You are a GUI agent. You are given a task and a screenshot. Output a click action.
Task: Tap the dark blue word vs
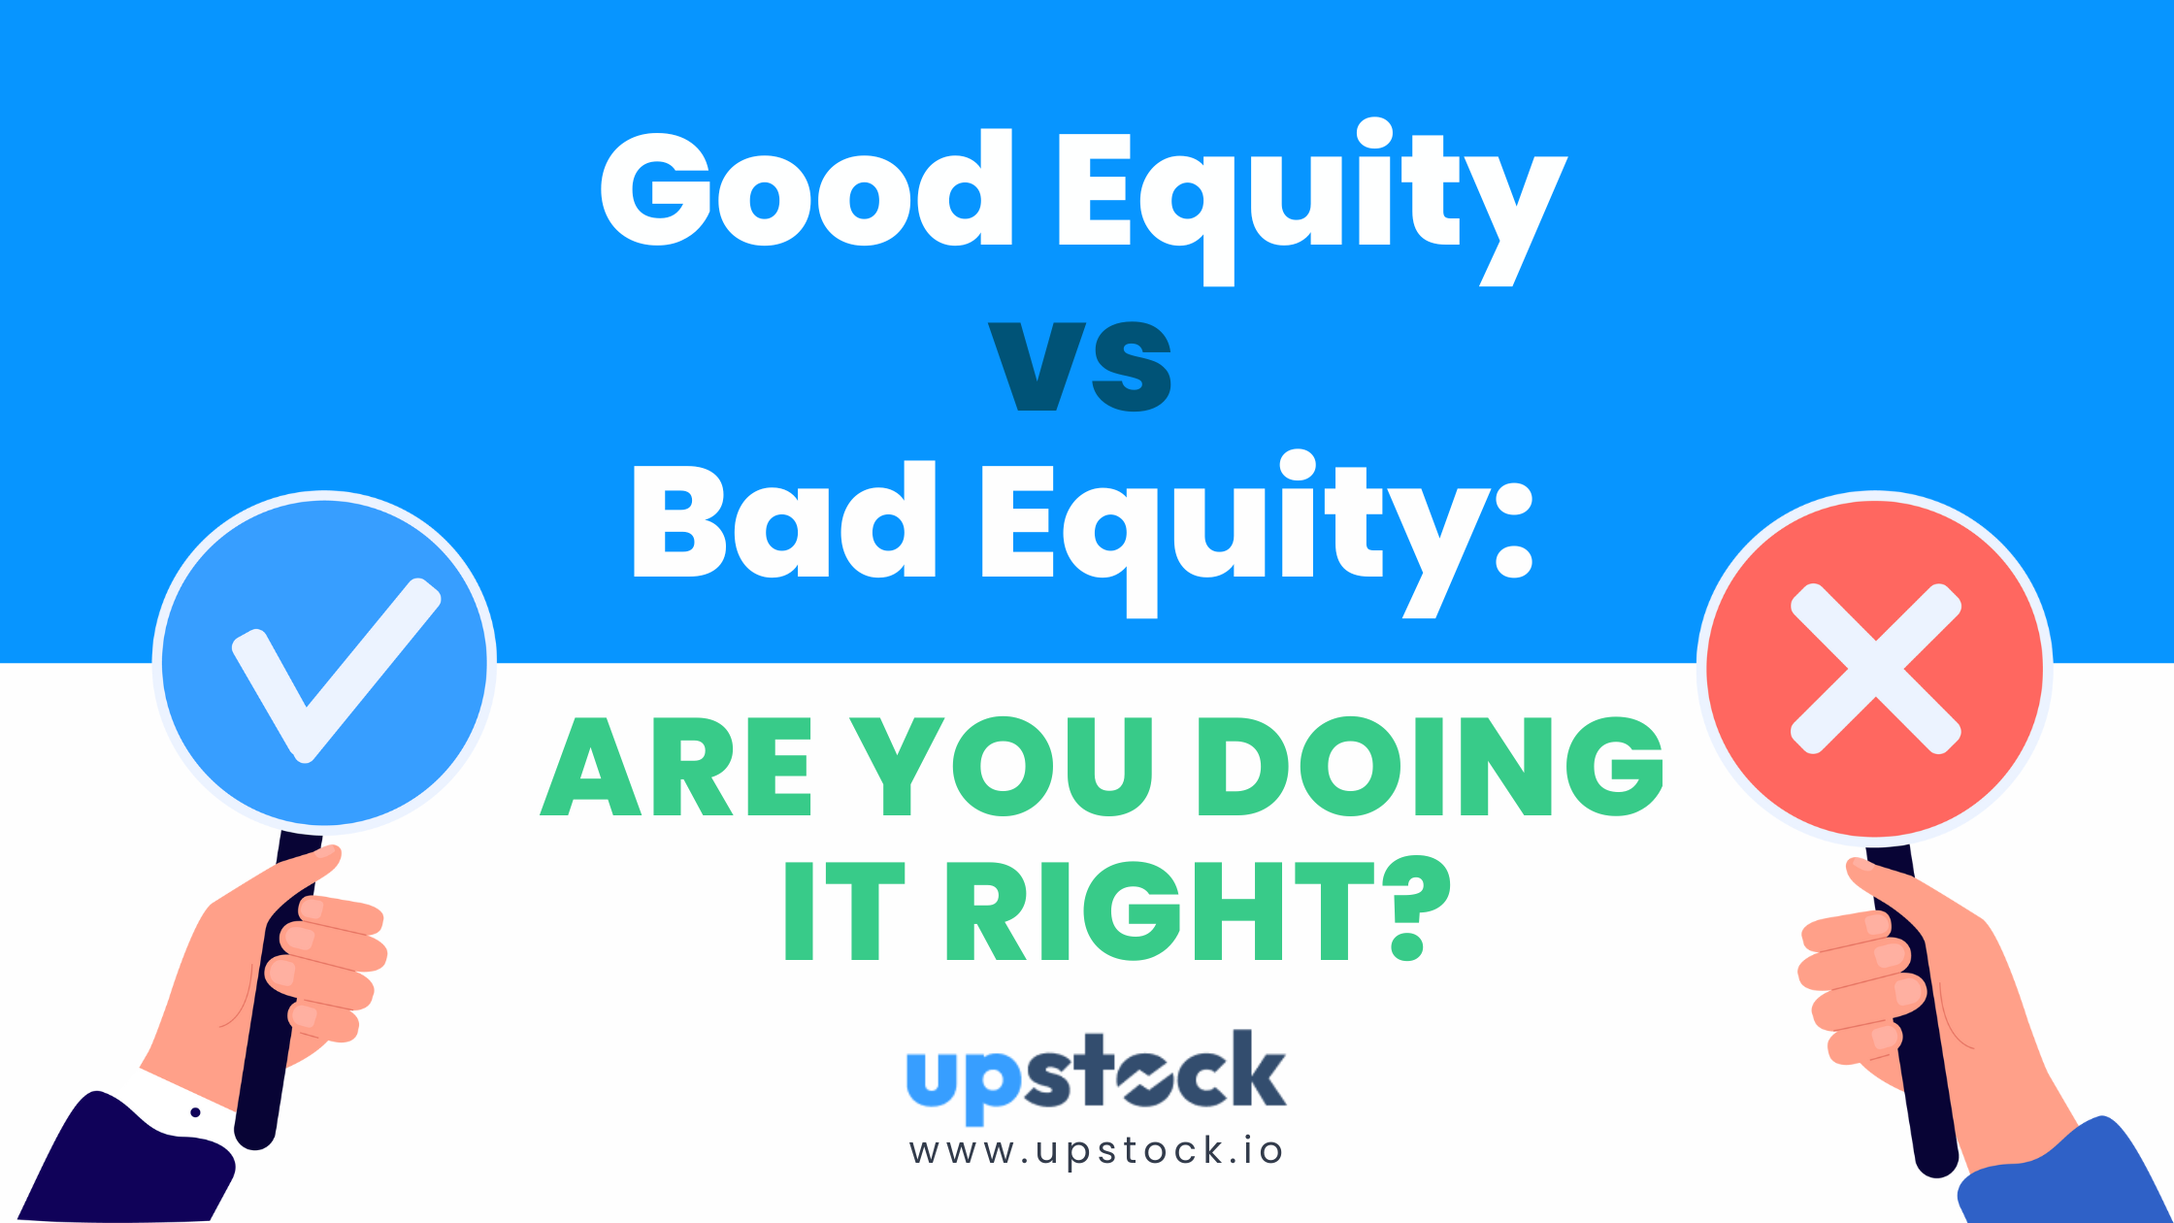click(x=1080, y=366)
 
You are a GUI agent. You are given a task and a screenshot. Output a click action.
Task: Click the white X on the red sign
click(x=1875, y=669)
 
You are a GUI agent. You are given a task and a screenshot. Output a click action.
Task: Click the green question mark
click(x=1418, y=909)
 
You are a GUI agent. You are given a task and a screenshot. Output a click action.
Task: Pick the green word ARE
click(x=675, y=767)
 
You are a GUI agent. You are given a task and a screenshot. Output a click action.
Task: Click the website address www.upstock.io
click(x=1096, y=1151)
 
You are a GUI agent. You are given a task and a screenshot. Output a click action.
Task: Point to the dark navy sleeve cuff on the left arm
click(x=126, y=1160)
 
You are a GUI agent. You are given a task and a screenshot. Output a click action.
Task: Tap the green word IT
click(x=844, y=911)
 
